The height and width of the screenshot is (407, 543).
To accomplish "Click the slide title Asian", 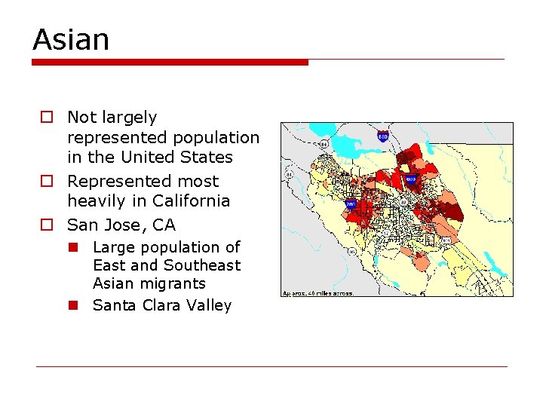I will coord(71,39).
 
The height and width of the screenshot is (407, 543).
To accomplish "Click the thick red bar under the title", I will coord(170,62).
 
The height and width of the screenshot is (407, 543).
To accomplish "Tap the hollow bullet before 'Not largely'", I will coord(47,118).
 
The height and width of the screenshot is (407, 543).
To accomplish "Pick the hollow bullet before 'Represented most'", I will coord(47,182).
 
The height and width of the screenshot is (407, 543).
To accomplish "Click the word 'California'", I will coord(191,201).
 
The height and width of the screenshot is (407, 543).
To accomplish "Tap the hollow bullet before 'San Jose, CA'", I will coord(47,225).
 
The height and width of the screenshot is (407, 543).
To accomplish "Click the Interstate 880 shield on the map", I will coord(384,136).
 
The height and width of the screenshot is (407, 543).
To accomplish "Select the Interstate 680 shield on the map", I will coord(410,179).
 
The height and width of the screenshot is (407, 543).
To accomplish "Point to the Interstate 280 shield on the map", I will coord(351,203).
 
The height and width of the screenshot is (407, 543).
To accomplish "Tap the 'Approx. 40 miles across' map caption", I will coord(318,292).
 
